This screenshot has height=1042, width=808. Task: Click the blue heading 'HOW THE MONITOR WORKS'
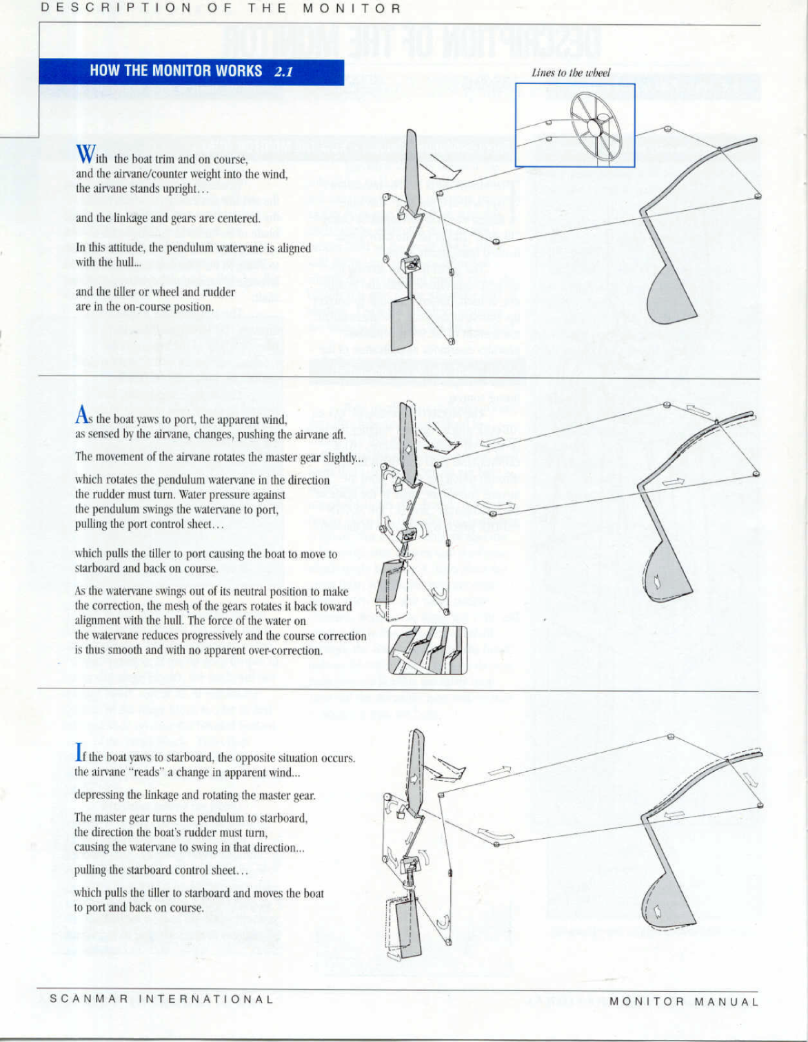point(176,71)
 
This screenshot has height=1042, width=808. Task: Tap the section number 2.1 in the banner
point(284,72)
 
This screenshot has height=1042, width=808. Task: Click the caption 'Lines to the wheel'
point(571,73)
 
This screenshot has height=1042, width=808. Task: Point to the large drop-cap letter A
point(82,415)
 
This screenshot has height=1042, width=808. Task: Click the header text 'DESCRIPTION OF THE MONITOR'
point(221,9)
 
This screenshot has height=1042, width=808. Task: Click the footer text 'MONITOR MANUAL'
point(684,1001)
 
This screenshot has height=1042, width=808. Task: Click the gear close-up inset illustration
point(428,650)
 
